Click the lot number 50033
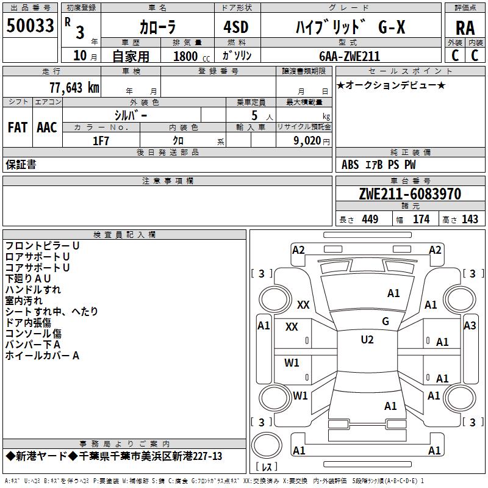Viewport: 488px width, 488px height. tap(30, 26)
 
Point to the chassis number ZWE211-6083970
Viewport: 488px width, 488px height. tap(410, 194)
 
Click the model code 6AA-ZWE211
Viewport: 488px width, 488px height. tap(350, 56)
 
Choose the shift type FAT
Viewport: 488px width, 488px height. tap(17, 127)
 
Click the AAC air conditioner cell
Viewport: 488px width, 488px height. tap(46, 127)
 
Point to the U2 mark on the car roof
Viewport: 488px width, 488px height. tap(367, 340)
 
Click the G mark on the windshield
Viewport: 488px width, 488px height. tap(386, 321)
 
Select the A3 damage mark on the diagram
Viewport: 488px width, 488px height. tap(470, 325)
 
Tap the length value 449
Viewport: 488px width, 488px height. tap(370, 220)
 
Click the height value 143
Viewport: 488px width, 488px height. tap(470, 220)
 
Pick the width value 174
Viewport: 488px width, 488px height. tap(422, 220)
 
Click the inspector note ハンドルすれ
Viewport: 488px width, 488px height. tap(34, 290)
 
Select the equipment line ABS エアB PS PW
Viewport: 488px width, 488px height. tap(379, 165)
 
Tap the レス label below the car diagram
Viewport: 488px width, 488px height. tap(267, 468)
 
